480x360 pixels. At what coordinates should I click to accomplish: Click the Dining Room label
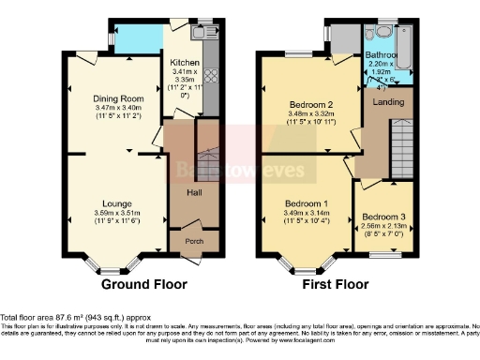[117, 98]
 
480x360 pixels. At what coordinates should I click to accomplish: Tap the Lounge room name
[117, 202]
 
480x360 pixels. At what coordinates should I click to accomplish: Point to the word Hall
[195, 192]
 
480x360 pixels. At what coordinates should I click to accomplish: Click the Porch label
[194, 241]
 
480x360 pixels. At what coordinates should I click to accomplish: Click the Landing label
[388, 100]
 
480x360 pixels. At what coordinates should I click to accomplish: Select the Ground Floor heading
[143, 284]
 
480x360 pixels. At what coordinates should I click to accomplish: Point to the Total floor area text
[75, 317]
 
